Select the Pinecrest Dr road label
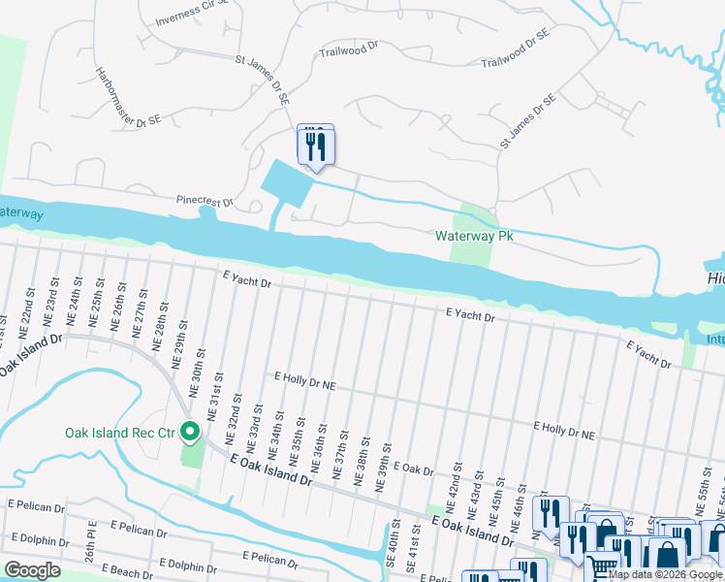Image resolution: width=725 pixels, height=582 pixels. (205, 201)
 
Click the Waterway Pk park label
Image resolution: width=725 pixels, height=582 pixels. (473, 236)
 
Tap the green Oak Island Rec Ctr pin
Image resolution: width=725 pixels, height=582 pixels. (191, 432)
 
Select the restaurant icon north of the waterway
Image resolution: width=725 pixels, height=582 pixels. (315, 146)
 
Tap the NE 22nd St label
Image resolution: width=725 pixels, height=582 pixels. (32, 306)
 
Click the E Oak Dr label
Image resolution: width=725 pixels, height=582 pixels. (412, 469)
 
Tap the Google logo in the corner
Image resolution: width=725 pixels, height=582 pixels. (32, 569)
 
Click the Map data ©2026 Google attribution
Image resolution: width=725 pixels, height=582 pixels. (665, 575)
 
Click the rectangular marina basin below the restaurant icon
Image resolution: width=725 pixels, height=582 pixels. (286, 181)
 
